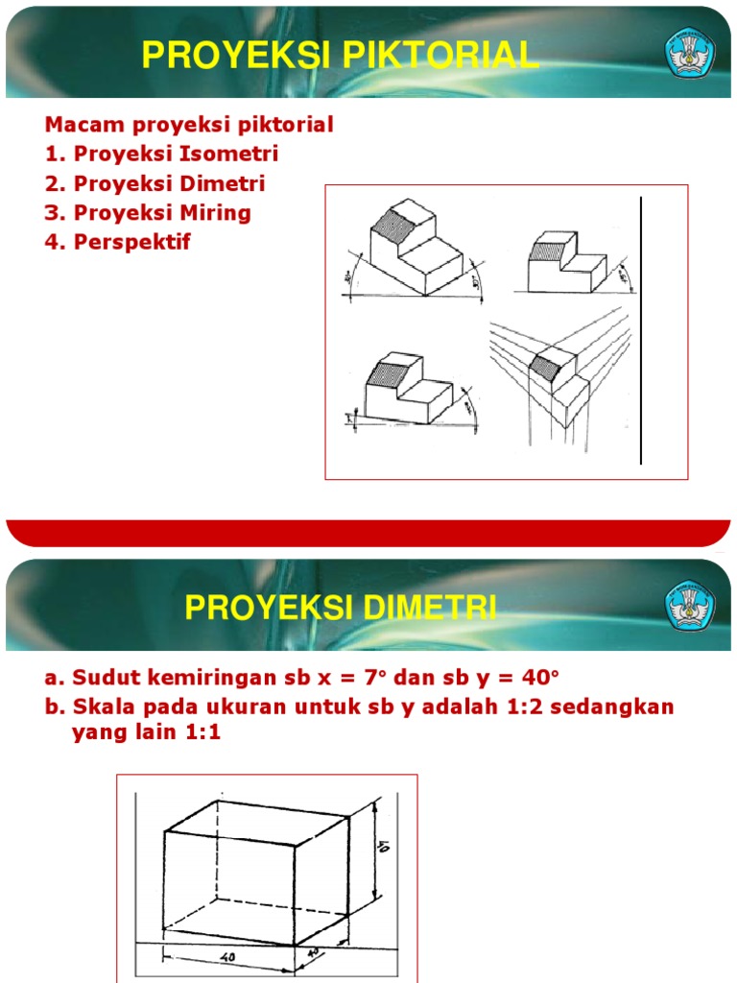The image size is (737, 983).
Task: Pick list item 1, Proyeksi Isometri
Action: [161, 154]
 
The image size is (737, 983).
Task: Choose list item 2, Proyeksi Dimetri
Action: [155, 183]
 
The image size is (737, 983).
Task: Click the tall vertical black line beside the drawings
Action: [641, 330]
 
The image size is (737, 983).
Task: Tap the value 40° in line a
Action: [537, 678]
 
